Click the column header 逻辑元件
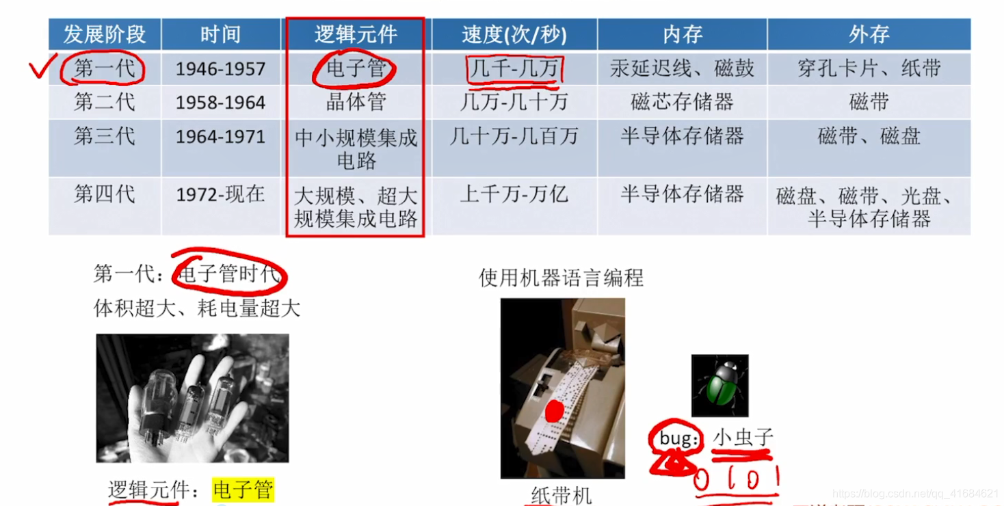coord(355,35)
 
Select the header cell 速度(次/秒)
coord(514,35)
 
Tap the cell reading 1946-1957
coord(220,68)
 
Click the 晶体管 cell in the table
coord(356,102)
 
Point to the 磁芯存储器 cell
coord(682,102)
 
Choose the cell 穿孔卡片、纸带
coord(869,68)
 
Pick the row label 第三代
coord(105,136)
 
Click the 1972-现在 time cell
coord(220,195)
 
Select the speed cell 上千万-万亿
coord(514,195)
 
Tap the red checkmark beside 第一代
coord(42,68)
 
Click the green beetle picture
coord(719,386)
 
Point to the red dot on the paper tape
coord(555,410)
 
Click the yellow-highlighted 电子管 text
coord(243,490)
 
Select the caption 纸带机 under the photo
coord(561,495)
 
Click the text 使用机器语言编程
coord(561,278)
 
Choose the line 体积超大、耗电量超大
coord(197,308)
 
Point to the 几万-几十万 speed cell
coord(514,102)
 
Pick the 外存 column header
coord(869,35)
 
